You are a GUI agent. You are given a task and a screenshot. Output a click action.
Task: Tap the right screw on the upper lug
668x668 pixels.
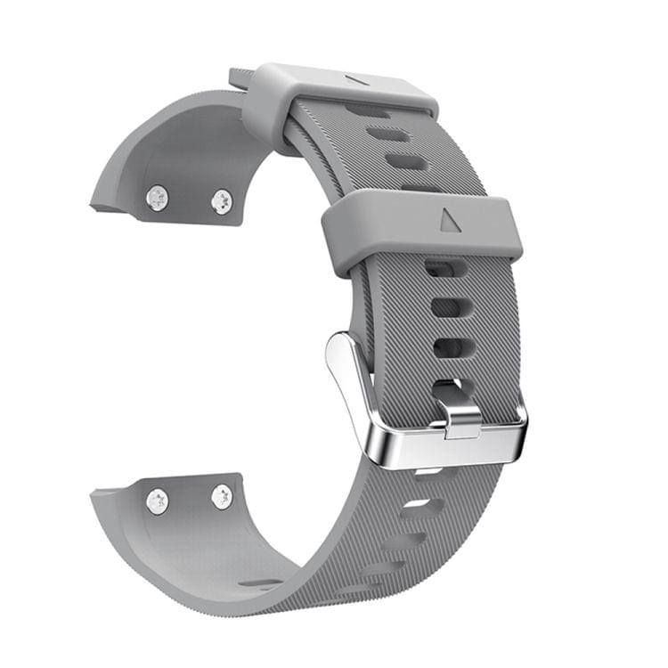[222, 201]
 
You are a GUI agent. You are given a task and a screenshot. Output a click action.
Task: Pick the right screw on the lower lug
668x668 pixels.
[222, 497]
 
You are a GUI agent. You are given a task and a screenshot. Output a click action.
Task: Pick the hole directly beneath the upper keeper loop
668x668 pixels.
[366, 110]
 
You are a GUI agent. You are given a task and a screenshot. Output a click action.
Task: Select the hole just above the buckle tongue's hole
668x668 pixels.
[447, 346]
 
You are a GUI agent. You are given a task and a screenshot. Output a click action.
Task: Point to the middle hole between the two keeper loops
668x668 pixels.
[388, 135]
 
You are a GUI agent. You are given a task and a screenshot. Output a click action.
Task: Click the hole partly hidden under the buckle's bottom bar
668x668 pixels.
[429, 472]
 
